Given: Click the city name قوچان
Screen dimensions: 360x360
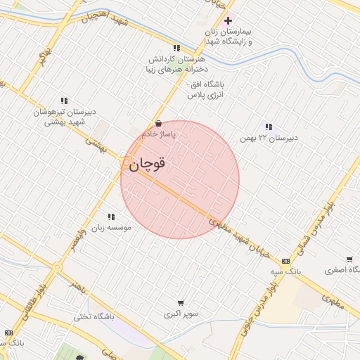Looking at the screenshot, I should (x=147, y=164).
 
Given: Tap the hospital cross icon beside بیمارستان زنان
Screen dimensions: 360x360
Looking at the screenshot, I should (x=228, y=20).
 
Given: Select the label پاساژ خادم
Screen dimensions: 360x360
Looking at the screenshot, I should (x=158, y=133).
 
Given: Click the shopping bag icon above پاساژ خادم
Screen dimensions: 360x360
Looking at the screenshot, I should (x=158, y=122).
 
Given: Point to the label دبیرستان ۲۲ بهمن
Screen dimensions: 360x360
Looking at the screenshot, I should (x=268, y=137).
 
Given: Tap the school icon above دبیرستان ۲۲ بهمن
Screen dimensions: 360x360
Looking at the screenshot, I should (x=268, y=127).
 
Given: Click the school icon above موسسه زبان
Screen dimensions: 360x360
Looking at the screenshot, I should (x=110, y=217).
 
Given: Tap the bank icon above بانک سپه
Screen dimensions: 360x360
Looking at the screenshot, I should (x=285, y=260).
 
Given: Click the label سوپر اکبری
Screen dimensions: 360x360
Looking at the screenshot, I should (x=181, y=312).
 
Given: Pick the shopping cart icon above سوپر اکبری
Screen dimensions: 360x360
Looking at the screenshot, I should (x=181, y=302).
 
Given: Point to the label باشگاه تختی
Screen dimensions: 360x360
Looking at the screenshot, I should (x=94, y=317).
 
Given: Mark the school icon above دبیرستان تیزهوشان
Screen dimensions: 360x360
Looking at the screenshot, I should (x=64, y=101).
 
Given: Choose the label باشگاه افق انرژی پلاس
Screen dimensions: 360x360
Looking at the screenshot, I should (x=204, y=88).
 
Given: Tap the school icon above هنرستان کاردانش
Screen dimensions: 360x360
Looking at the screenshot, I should (x=176, y=49).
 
